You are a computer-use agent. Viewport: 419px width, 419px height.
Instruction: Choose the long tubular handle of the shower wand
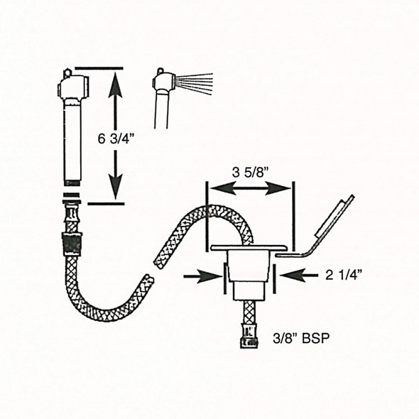coord(72,142)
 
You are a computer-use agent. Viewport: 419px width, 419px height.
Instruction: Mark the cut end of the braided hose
coord(148,280)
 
